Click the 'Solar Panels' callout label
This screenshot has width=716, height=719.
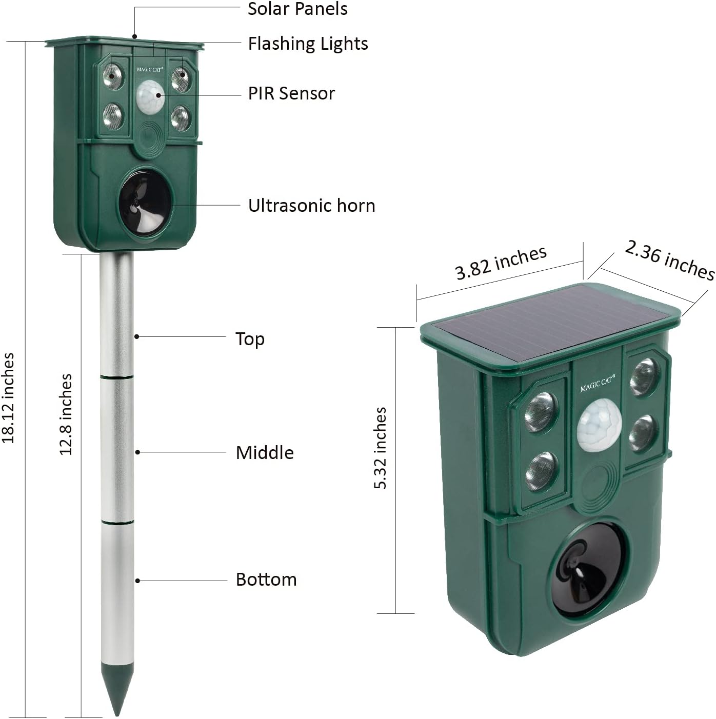(297, 9)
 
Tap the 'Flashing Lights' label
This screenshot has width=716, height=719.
(308, 44)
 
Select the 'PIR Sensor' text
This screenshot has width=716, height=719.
(291, 93)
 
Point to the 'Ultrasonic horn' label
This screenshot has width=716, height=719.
(311, 206)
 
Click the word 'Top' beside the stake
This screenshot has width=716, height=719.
(250, 339)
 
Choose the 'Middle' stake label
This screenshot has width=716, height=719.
(265, 453)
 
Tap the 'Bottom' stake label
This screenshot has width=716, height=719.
(266, 580)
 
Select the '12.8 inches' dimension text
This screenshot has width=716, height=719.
(66, 414)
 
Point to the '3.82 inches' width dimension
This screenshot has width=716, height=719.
(501, 263)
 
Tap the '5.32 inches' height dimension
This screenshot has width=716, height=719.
(380, 448)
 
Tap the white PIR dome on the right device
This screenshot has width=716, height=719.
(599, 426)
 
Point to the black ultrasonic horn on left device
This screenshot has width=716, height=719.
(144, 202)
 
